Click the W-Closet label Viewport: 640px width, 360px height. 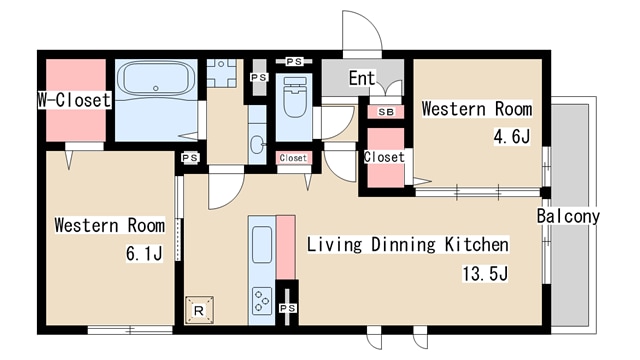coord(74,100)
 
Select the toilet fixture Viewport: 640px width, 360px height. coord(294,97)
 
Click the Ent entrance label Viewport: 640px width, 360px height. coord(362,78)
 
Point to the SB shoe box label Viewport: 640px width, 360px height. coord(386,112)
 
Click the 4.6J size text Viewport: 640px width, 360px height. coord(512,137)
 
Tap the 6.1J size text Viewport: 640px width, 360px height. coord(144,253)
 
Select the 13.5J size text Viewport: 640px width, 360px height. coord(485,273)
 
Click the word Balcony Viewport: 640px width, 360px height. coord(568,216)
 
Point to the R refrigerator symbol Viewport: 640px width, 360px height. coord(199,310)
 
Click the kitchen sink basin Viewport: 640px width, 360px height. coord(262,244)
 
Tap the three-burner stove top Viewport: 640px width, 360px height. coord(262,301)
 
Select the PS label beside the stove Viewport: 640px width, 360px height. coord(287,308)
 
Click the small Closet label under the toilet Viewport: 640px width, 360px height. coord(293,158)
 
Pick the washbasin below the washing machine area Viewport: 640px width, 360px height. coord(257,144)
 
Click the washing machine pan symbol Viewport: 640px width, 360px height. coord(221,73)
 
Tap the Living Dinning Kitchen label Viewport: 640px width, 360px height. coord(407,244)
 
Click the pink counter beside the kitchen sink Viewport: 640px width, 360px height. coord(286,247)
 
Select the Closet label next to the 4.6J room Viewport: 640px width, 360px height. coord(384,157)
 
